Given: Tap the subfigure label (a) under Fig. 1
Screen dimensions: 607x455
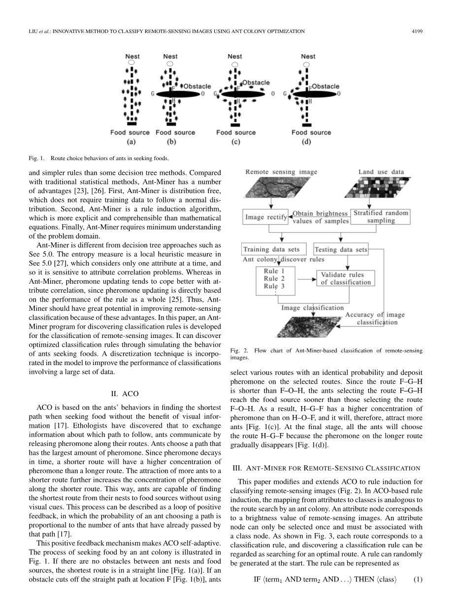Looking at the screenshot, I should click(x=131, y=142).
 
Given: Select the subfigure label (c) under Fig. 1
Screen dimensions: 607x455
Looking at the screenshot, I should click(x=236, y=142).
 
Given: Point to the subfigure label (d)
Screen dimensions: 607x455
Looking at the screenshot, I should click(x=311, y=142).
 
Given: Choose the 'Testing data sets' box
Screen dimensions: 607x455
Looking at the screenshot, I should click(x=341, y=250).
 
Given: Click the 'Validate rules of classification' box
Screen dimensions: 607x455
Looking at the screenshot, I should click(x=346, y=278).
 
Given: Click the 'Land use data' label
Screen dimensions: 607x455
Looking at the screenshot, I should click(x=381, y=172).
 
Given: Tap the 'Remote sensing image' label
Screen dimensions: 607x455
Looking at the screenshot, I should click(x=281, y=172).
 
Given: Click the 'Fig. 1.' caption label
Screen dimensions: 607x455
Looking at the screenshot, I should click(x=37, y=159).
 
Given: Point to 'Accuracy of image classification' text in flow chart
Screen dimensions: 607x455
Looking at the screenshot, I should click(x=375, y=318).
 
